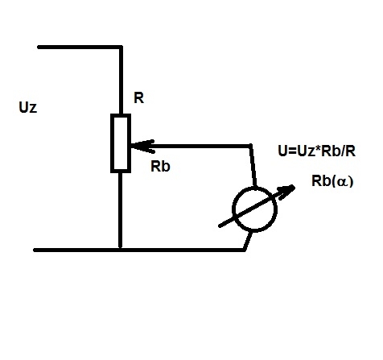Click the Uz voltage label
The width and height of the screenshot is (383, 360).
coord(28,107)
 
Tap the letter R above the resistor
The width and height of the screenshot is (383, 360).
coord(139,97)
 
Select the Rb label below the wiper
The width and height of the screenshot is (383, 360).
coord(160,166)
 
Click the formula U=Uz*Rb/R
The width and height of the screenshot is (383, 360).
coord(317,151)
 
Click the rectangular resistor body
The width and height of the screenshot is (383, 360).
coord(121,143)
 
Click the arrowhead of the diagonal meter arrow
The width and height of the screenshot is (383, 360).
coord(287,192)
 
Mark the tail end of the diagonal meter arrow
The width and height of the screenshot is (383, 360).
coord(220,226)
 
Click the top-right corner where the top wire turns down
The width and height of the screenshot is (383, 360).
coord(121,47)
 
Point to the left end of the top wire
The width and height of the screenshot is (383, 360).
coord(39,47)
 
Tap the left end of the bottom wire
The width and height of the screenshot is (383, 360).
coord(35,250)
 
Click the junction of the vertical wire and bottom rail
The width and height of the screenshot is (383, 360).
coord(121,250)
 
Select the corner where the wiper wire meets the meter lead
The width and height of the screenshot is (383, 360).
coord(250,146)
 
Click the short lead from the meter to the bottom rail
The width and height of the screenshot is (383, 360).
coord(248,241)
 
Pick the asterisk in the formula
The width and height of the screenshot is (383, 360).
coord(318,148)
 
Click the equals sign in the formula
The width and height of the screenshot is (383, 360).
coord(292,151)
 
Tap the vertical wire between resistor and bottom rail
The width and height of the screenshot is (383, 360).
coord(121,210)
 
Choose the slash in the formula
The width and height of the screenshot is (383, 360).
coord(341,151)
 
